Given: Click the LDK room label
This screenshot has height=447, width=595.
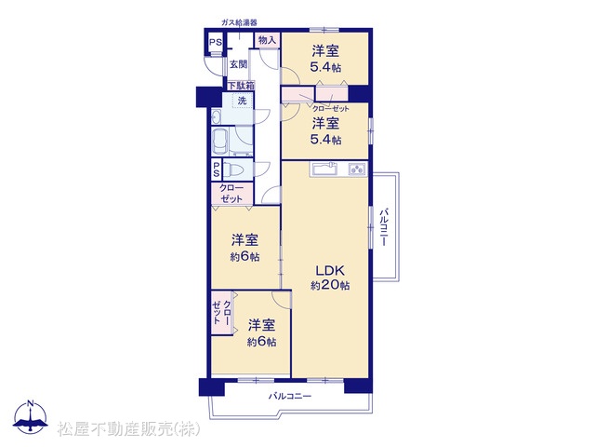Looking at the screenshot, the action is point(330,271).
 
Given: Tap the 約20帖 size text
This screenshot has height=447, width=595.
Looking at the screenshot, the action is point(330,285).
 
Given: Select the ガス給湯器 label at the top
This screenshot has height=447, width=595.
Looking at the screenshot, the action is point(239,22).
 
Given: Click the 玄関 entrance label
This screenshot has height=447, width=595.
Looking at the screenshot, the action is point(238,64).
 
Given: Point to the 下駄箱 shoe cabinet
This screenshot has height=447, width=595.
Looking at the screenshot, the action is point(241,86).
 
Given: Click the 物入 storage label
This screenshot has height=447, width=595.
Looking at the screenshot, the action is point(267,39).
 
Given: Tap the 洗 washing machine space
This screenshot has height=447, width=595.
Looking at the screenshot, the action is point(242,101).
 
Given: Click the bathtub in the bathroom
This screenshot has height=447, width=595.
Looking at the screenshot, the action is point(219,141).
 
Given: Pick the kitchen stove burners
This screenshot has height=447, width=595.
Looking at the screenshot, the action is point(357,169).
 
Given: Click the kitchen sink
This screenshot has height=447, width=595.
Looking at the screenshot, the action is point(325,169).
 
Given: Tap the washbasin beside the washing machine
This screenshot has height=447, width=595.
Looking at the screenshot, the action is point(217,116).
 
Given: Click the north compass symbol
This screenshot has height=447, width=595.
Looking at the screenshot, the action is point(31,417).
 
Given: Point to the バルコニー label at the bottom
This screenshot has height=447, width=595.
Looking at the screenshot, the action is point(290,396).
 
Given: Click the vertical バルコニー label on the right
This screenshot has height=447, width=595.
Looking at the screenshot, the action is point(384,226).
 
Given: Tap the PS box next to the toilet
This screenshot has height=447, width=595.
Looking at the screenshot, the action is point(217,169).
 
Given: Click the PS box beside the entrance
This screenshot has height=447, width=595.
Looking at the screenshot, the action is point(216,43).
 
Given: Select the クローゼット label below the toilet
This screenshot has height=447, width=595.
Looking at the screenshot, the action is point(231,194).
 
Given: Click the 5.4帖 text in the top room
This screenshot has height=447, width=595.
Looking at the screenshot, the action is point(325,67).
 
